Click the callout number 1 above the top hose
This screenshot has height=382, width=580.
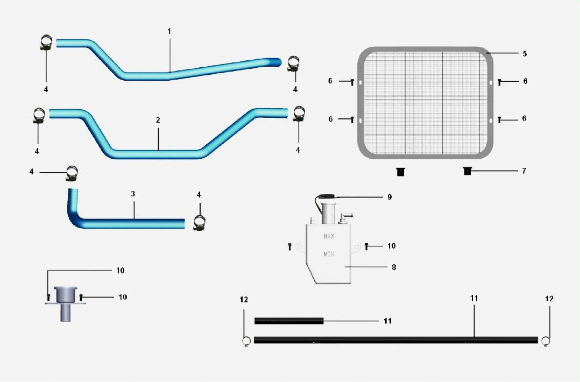(x=169, y=31)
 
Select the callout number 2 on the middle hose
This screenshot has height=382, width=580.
(x=158, y=120)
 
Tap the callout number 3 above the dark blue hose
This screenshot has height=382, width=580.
(x=133, y=194)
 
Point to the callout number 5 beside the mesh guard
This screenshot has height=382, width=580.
(x=525, y=54)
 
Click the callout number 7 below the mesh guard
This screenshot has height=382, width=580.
(x=524, y=171)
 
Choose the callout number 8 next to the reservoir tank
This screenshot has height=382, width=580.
(x=394, y=267)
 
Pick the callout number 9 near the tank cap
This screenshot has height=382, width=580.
(x=389, y=197)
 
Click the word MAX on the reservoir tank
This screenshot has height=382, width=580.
(x=329, y=236)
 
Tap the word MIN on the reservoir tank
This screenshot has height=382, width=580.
(x=329, y=254)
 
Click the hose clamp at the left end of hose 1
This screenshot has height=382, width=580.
(x=46, y=43)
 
